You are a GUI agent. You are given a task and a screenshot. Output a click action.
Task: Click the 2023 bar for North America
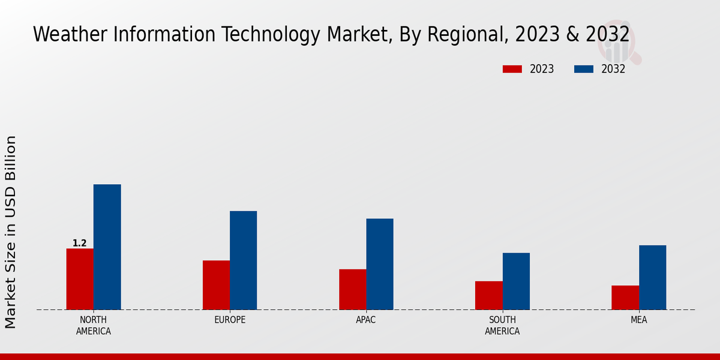[x=80, y=279]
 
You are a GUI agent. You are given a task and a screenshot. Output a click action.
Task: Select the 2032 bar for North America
[x=107, y=247]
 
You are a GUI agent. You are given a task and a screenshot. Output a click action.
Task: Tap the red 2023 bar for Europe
[x=216, y=285]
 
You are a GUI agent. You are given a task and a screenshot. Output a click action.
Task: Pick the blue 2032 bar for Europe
[x=243, y=260]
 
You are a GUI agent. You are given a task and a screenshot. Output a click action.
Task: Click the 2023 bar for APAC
[x=352, y=289]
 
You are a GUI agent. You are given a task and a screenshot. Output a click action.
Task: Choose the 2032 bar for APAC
[x=380, y=264]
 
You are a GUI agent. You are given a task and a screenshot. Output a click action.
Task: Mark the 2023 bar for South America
[x=488, y=295]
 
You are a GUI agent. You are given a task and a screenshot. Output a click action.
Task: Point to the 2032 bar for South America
[x=516, y=281]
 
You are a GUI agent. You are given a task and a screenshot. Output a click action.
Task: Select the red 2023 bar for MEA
[x=625, y=298]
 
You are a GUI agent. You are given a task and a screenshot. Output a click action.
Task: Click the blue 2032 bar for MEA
[x=652, y=277]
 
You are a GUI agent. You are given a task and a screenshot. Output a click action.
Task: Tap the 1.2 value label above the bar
[x=80, y=243]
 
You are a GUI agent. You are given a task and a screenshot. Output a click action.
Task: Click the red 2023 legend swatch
[x=512, y=69]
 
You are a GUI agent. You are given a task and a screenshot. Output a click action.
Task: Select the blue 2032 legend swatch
[x=583, y=69]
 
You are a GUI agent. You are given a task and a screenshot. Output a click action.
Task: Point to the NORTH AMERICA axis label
[x=93, y=325]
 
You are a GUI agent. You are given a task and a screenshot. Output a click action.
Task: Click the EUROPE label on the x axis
[x=230, y=320]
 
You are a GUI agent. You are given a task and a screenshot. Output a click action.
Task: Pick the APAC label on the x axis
[x=365, y=320]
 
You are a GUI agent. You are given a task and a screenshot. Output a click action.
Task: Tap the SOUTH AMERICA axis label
[x=502, y=325]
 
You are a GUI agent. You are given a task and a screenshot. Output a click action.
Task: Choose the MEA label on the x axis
[x=638, y=320]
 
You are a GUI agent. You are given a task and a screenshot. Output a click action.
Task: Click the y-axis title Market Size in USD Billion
[x=11, y=232]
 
